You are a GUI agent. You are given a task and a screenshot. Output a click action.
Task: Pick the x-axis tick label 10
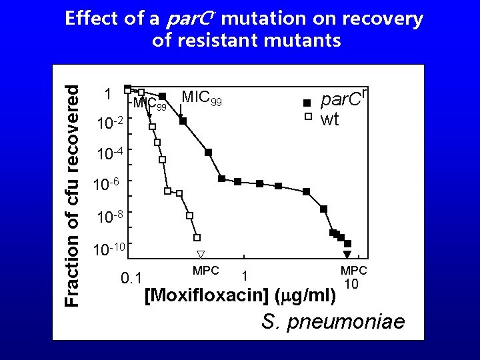352,285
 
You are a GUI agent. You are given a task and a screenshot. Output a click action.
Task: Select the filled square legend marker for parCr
307,103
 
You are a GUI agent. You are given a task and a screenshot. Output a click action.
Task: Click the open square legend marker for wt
307,117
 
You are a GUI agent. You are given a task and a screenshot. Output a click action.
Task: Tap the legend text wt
330,119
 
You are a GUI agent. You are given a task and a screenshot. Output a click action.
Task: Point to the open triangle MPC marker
201,254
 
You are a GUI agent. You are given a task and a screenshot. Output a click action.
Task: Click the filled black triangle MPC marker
347,255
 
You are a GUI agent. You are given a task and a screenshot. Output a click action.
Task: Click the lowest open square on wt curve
197,237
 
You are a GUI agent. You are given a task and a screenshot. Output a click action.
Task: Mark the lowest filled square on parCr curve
347,244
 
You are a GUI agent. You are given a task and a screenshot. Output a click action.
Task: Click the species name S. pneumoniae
333,322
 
